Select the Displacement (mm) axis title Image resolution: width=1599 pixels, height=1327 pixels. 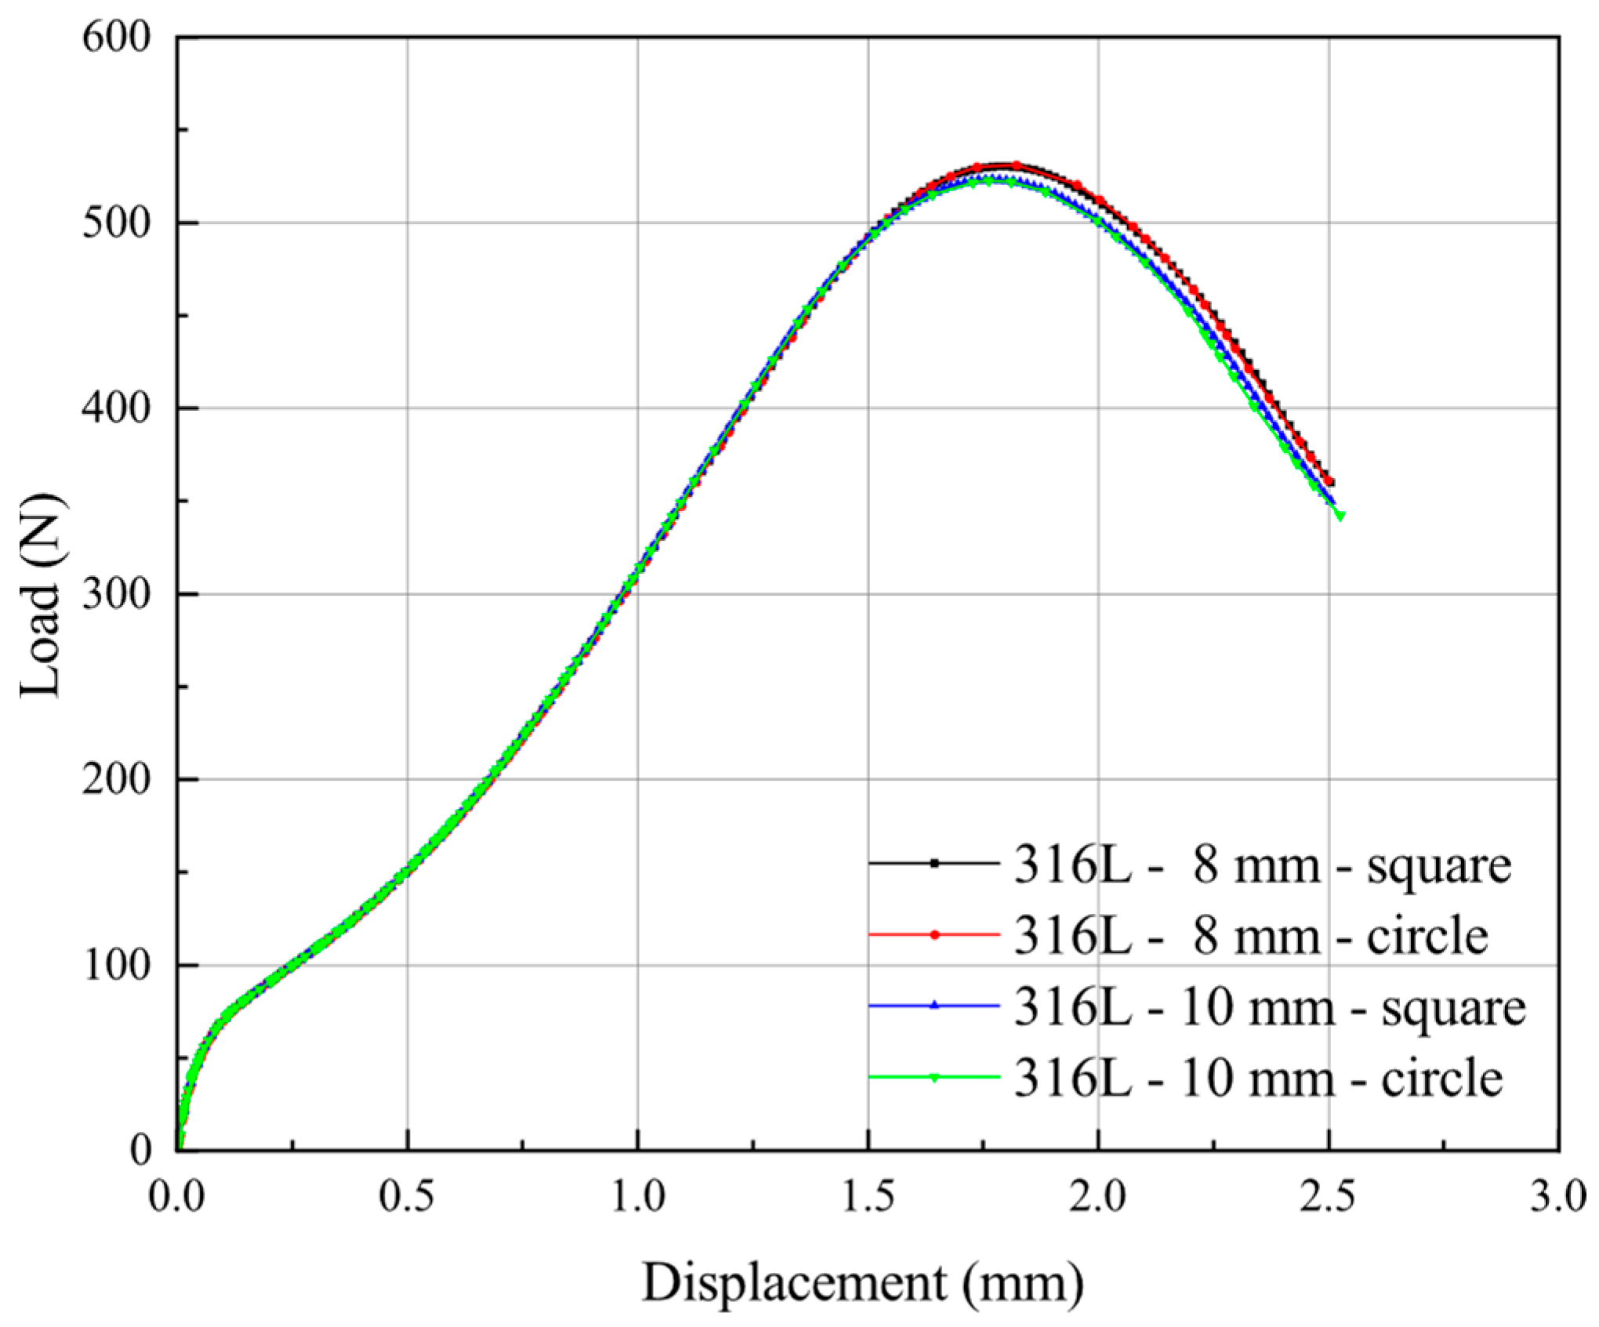863,1283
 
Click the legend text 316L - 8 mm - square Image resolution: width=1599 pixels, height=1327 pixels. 1262,866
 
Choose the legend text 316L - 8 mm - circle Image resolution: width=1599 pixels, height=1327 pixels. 1251,936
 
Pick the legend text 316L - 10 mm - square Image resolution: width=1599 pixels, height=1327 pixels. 1270,1006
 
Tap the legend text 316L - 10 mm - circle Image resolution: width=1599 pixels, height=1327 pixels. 1258,1078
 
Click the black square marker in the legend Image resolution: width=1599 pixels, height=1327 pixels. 934,864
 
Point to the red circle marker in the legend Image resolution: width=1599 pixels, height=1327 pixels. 934,934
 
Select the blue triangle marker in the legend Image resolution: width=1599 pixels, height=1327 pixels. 934,1005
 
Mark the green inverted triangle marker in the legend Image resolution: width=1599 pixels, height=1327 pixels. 934,1077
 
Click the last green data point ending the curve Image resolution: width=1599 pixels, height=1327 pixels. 1340,515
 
